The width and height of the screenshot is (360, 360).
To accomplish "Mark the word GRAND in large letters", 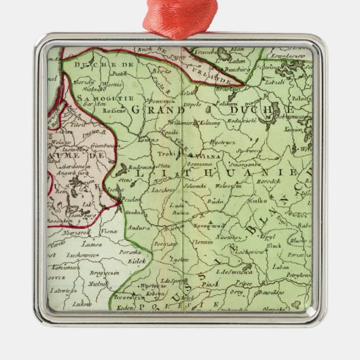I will click(147, 109).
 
